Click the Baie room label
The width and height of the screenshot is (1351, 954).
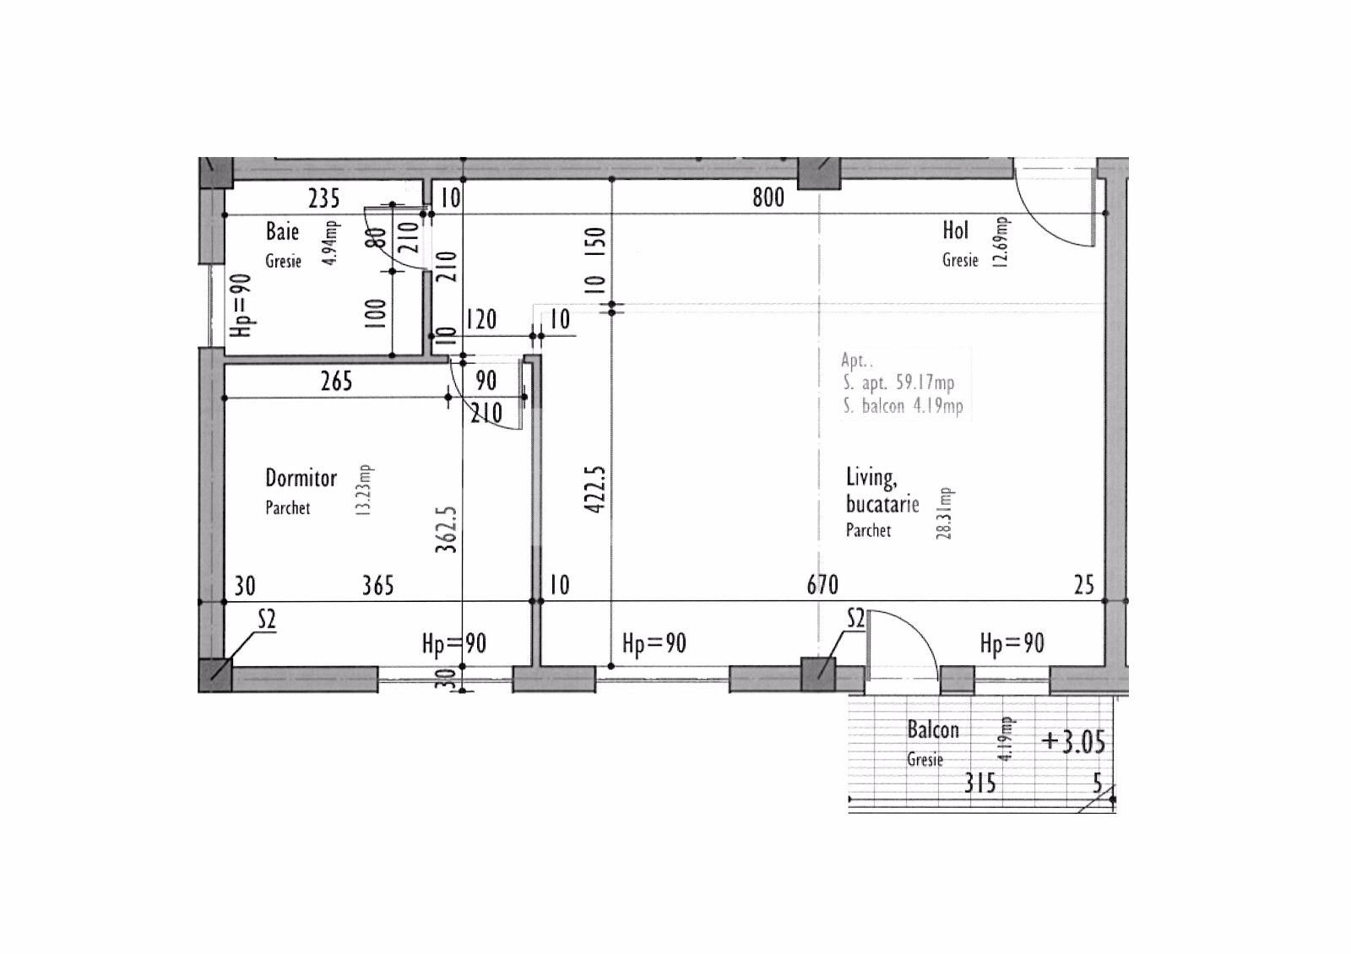click(282, 231)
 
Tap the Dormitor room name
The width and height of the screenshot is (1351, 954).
click(301, 478)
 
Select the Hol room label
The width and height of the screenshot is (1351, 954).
click(955, 230)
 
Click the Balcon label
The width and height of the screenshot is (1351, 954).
click(933, 729)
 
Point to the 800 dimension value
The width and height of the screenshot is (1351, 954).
click(768, 198)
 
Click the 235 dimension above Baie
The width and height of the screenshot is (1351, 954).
click(324, 198)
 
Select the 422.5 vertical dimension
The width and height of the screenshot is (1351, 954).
click(595, 489)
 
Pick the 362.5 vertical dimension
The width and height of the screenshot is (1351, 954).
click(447, 529)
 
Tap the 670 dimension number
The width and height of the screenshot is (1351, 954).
click(822, 585)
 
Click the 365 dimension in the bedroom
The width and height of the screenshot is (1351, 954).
click(377, 586)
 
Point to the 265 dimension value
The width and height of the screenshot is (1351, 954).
click(337, 381)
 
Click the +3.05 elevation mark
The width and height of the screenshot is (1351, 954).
click(1073, 742)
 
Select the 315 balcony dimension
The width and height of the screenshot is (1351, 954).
click(980, 783)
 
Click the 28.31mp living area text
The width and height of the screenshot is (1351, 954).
click(944, 513)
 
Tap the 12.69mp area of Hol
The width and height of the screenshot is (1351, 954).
click(1001, 241)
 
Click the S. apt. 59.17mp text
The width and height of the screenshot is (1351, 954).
click(898, 382)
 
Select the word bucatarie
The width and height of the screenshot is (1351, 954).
click(882, 504)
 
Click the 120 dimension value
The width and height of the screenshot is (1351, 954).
click(480, 320)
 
